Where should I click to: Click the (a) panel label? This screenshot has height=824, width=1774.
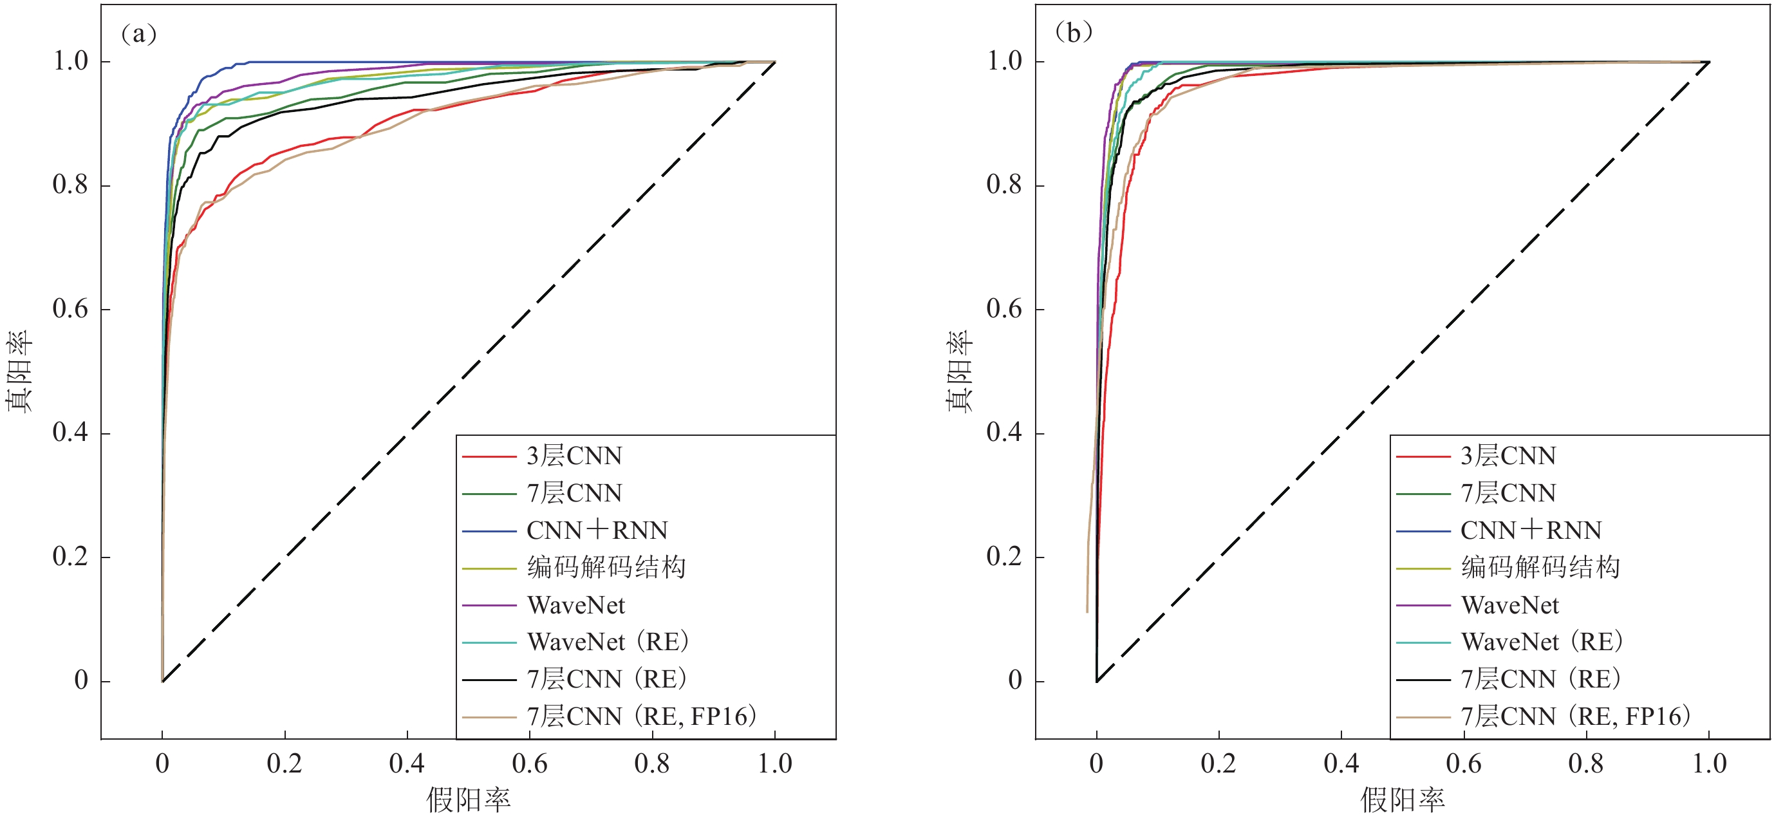tap(138, 33)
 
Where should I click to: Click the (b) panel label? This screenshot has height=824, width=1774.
tap(1073, 32)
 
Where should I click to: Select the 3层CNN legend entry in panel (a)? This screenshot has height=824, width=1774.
tap(574, 456)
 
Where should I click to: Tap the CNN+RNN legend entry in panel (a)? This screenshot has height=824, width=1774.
tap(597, 530)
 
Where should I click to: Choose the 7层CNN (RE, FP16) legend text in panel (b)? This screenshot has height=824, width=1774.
tap(1576, 716)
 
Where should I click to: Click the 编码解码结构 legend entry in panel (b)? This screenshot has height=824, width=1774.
tap(1540, 568)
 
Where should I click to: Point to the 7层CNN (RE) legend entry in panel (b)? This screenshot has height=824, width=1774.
tap(1540, 679)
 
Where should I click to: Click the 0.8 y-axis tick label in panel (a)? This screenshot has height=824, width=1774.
tap(70, 185)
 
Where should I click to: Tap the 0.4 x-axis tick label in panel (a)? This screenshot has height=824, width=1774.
tap(407, 763)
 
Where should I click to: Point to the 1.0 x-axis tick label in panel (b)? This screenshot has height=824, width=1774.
tap(1709, 763)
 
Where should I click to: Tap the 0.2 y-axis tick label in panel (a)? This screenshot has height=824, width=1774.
tap(70, 556)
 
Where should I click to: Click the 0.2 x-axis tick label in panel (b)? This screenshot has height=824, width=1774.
tap(1218, 763)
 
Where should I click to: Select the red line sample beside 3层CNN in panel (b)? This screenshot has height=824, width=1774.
tap(1423, 456)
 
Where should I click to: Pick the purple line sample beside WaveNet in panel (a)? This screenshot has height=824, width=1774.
tap(489, 606)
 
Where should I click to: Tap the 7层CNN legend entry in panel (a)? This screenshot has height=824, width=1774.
tap(574, 493)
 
